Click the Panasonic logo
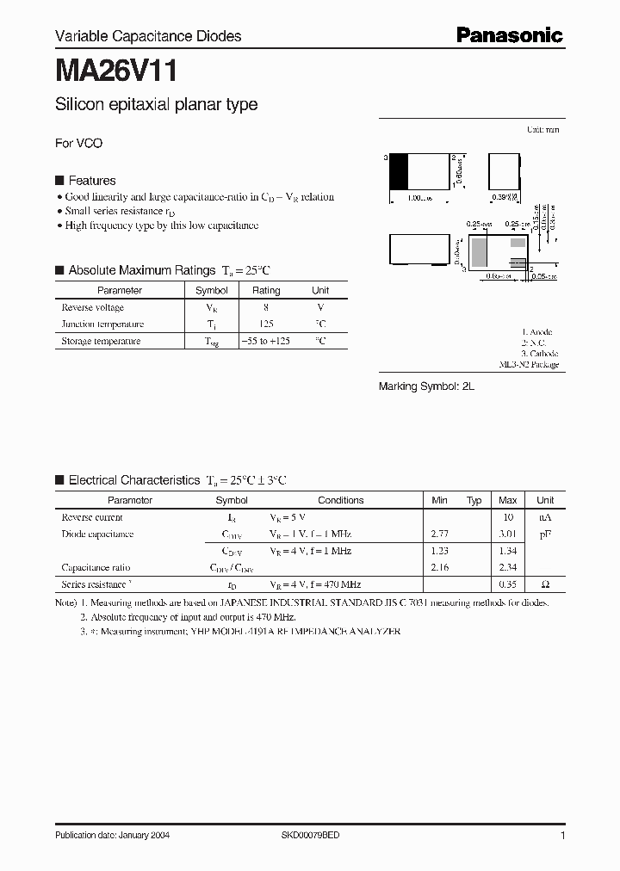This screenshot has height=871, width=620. click(509, 35)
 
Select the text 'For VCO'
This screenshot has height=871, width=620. click(78, 143)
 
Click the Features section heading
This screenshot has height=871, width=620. click(91, 181)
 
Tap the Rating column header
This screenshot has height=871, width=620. click(266, 291)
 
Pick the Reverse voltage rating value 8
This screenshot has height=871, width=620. click(266, 307)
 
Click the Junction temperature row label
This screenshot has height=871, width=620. click(102, 324)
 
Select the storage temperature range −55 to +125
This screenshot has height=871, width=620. click(266, 341)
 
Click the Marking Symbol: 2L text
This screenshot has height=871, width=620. click(426, 387)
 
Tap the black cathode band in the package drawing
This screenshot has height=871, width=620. click(399, 171)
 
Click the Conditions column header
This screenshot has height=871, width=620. click(341, 500)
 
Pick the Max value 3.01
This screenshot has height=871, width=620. click(508, 534)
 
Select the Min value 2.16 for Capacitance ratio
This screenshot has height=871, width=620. click(440, 567)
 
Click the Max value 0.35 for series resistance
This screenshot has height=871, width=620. click(508, 584)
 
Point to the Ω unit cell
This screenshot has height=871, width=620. click(545, 584)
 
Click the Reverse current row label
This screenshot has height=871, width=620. click(92, 517)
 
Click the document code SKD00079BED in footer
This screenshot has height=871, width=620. click(310, 836)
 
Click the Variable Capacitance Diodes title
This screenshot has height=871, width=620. click(148, 36)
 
